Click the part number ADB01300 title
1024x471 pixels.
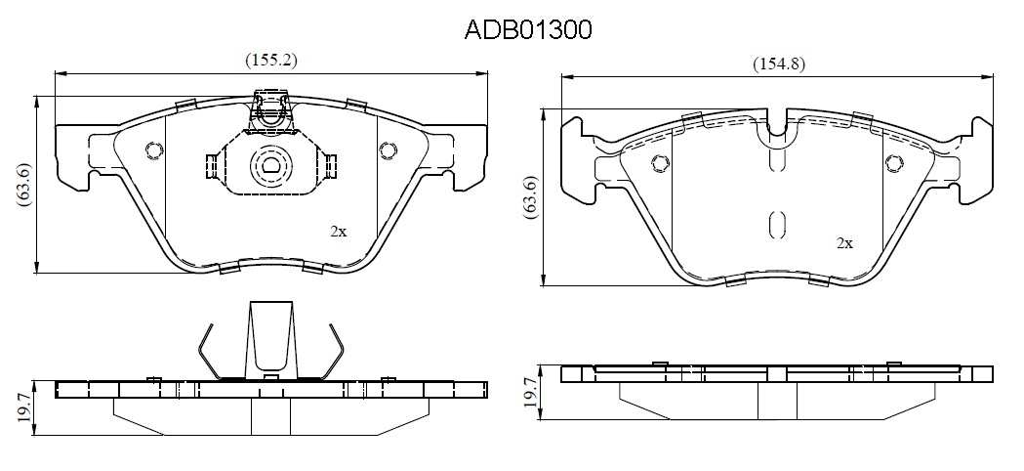pos(528,29)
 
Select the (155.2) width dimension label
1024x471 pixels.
pos(271,61)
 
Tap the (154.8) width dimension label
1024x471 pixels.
pos(778,64)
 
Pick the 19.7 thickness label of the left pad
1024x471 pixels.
pos(24,407)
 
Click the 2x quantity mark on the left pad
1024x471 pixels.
pos(339,232)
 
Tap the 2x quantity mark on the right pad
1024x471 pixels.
pos(845,243)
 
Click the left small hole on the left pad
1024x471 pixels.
pos(154,150)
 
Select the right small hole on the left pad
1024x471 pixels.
pos(388,150)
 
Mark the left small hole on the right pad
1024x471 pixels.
pos(661,163)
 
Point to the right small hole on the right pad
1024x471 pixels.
pos(892,163)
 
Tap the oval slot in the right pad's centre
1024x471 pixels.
pos(776,225)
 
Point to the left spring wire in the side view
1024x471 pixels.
pos(208,351)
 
